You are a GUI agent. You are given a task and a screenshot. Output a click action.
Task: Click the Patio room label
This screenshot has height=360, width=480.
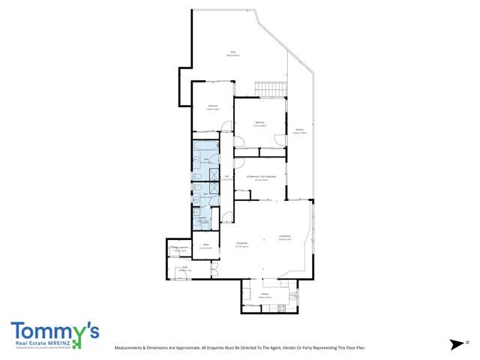[234, 54]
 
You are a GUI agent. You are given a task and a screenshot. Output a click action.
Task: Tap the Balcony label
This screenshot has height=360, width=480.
[299, 131]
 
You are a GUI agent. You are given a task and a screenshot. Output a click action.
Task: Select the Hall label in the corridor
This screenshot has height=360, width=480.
[226, 177]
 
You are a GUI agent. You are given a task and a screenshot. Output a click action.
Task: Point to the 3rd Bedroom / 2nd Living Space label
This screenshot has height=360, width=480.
[261, 178]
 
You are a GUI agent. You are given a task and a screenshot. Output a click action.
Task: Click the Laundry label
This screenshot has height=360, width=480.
[202, 220]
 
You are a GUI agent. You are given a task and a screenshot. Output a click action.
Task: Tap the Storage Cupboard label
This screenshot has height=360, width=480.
[178, 248]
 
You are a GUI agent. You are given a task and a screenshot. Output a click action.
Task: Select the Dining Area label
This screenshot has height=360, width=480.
[242, 245]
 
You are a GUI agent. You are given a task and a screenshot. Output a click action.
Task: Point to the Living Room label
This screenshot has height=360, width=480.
[285, 238]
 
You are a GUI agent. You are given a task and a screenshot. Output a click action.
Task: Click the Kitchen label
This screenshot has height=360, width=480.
[265, 295]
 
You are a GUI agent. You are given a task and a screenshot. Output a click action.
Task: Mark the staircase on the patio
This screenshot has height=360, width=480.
[271, 88]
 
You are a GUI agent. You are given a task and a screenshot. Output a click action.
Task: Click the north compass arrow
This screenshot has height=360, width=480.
[457, 344]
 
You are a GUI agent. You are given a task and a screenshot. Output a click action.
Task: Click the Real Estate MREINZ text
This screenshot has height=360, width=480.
[48, 344]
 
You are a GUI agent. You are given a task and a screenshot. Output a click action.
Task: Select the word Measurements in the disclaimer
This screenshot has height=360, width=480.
[131, 349]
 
